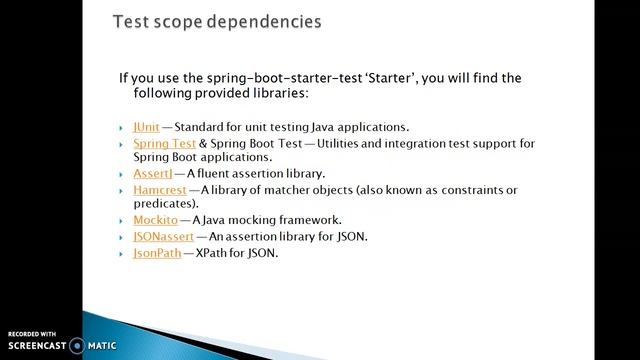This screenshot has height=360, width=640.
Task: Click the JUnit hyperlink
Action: pos(145,128)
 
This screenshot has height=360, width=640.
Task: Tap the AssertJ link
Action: pos(152,173)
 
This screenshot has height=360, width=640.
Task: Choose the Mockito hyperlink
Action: pos(155,219)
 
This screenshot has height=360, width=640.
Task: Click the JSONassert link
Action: pos(163,236)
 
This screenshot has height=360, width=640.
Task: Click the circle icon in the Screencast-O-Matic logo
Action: pos(76,346)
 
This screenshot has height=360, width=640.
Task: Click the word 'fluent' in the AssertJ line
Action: pos(222,173)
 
